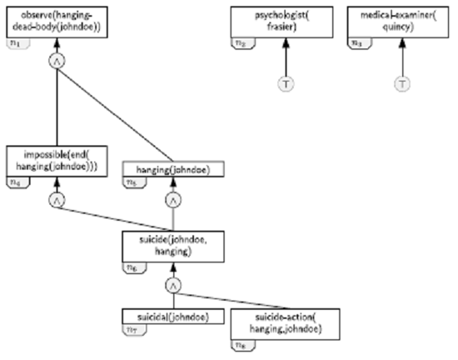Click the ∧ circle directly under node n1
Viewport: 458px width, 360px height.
click(57, 61)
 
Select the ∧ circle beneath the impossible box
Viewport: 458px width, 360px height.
click(57, 200)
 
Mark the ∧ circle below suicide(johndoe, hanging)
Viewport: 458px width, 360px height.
click(173, 285)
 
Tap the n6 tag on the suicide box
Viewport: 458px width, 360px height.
click(132, 267)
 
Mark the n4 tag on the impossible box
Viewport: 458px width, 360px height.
click(16, 182)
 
